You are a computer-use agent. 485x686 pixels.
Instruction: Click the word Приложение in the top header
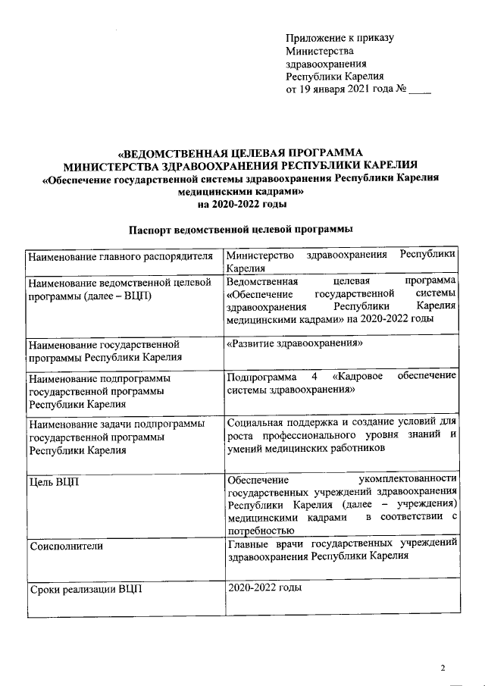(313, 37)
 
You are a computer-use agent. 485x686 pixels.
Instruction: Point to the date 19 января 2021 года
(345, 89)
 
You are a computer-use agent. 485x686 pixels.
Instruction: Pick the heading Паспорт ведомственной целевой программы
(242, 230)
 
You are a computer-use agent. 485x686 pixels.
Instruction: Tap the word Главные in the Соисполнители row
(249, 543)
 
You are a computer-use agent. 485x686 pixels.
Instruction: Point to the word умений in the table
(244, 448)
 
